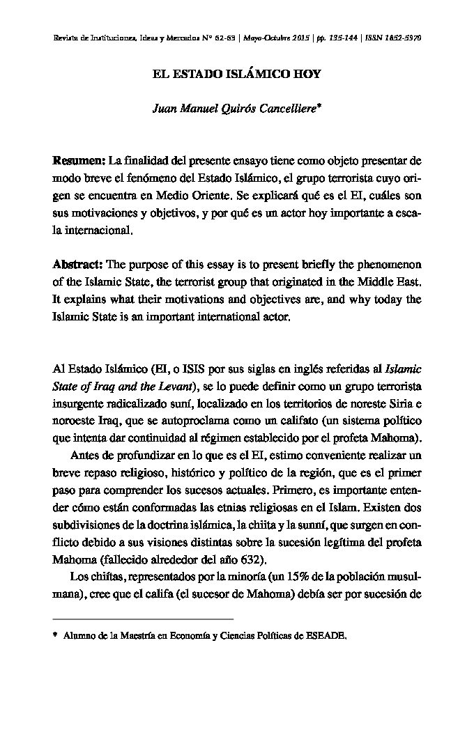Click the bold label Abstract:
coord(78,265)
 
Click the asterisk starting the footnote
coord(55,635)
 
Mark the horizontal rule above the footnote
coord(143,619)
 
